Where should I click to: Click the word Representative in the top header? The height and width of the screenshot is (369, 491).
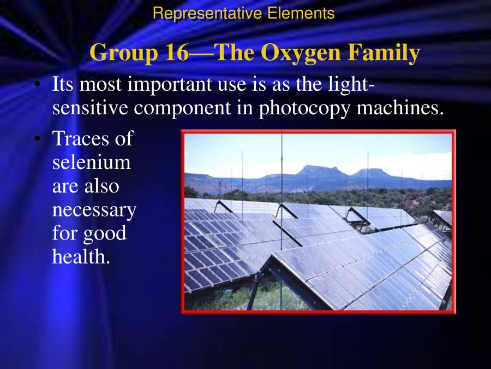click(207, 13)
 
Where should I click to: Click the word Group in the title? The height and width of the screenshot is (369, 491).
click(124, 53)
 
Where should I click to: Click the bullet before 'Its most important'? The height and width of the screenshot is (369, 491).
click(37, 85)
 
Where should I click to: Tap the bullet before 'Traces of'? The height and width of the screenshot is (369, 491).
click(37, 139)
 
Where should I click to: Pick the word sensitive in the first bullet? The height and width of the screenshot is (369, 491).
click(91, 108)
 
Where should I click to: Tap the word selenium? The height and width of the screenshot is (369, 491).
click(92, 162)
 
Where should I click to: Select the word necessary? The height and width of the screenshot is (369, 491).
click(94, 209)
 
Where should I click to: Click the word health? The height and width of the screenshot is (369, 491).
click(81, 256)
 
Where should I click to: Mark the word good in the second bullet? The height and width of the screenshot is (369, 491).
click(104, 233)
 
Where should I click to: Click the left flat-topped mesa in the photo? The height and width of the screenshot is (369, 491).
click(322, 171)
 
